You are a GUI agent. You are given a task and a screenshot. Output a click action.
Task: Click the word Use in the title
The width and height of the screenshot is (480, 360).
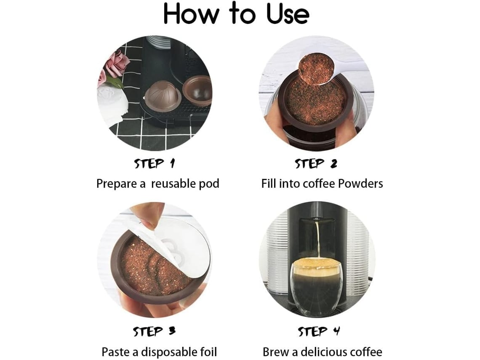click(288, 14)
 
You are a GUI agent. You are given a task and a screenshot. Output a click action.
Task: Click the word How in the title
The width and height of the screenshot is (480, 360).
click(191, 14)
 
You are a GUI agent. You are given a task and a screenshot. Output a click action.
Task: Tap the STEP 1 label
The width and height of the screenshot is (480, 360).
click(155, 163)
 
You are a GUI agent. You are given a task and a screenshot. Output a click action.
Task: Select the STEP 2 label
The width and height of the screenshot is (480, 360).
click(316, 163)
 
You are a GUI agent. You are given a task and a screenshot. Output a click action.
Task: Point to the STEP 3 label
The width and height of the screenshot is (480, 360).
click(154, 331)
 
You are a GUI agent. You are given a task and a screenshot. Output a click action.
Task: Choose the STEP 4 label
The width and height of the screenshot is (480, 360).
click(319, 331)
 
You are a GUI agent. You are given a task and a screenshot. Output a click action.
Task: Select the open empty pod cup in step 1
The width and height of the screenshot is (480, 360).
click(197, 90)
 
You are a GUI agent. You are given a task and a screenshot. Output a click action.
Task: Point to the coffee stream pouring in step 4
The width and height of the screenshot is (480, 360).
click(318, 239)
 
